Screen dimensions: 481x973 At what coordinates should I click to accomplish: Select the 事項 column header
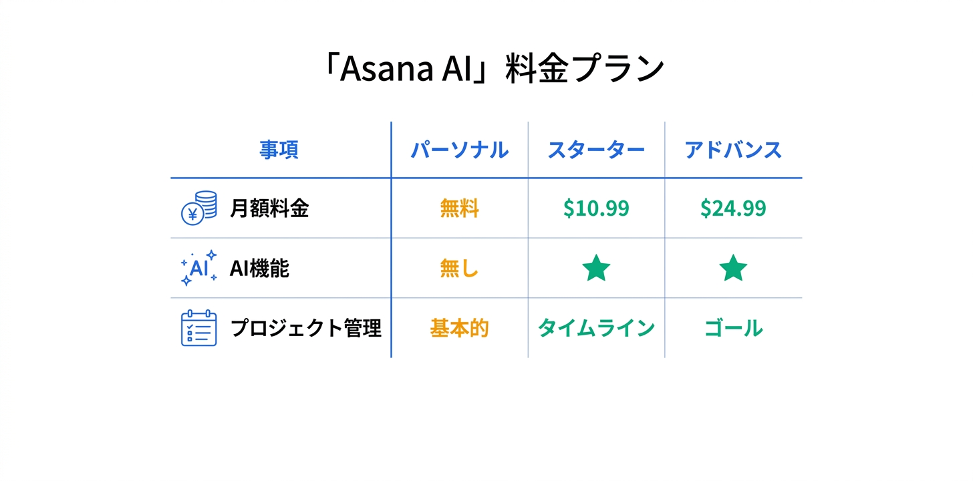279,150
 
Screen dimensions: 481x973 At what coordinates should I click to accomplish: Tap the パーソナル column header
459,150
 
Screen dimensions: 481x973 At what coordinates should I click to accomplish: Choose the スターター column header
596,150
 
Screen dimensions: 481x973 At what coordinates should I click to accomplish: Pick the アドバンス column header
733,150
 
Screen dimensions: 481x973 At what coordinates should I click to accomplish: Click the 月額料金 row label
269,208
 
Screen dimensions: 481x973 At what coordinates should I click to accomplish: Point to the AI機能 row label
259,269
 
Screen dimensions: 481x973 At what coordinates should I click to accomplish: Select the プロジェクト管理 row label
305,329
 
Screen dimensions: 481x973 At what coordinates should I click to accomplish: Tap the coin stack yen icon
199,208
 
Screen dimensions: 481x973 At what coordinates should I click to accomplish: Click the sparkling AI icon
199,268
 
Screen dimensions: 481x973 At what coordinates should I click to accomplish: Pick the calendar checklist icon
199,328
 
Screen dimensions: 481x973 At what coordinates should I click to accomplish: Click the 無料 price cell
459,209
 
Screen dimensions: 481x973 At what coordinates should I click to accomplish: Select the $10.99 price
596,209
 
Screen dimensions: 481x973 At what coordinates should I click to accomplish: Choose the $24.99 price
733,209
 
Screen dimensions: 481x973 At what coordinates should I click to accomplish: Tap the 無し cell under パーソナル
459,269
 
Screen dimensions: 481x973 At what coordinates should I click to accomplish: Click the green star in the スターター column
596,269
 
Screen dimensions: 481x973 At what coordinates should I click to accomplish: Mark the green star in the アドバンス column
733,269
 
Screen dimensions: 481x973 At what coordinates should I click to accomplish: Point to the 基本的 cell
459,329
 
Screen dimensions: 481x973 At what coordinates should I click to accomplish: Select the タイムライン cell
596,329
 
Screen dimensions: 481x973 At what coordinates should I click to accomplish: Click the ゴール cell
733,329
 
